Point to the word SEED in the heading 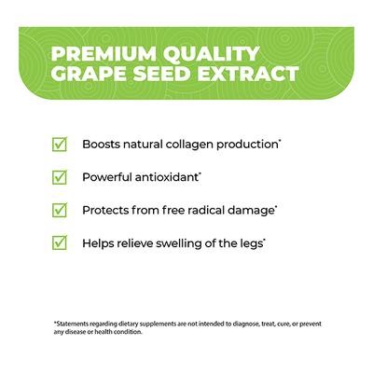coord(166,73)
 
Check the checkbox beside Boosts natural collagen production coord(60,145)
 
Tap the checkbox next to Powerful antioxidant coord(60,176)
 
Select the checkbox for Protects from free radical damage coord(60,209)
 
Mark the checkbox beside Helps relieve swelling coord(60,242)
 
